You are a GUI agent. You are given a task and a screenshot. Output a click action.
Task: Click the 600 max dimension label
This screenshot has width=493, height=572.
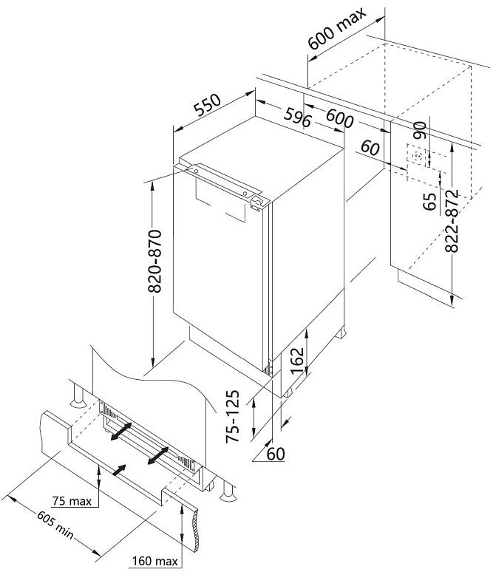[336, 28]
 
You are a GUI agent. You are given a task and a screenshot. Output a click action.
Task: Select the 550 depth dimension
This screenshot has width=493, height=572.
[207, 105]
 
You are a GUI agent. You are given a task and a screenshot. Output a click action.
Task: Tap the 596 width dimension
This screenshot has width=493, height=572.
[298, 117]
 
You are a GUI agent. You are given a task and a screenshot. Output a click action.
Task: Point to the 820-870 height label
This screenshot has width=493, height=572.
[154, 261]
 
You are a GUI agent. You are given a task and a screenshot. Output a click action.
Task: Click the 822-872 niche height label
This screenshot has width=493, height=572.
[452, 221]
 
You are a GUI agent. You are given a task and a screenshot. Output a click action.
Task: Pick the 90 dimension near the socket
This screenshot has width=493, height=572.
[420, 130]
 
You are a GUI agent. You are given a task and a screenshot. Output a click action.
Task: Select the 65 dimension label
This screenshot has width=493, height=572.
[430, 201]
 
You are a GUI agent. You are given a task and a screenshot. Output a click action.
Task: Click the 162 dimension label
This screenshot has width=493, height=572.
[297, 360]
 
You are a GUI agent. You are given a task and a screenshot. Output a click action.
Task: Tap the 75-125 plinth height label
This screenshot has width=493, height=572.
[232, 417]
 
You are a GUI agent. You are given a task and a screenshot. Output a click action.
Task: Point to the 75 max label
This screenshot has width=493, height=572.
[72, 501]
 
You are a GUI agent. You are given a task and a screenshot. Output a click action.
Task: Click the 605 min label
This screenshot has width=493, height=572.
[55, 525]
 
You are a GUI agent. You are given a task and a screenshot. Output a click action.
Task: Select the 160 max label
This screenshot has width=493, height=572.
[154, 561]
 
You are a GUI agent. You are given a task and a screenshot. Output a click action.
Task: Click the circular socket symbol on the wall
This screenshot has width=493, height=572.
[418, 157]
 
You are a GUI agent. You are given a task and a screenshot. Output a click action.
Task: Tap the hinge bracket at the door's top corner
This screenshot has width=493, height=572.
[258, 202]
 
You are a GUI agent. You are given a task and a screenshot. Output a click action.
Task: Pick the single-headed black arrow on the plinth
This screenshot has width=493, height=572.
[119, 470]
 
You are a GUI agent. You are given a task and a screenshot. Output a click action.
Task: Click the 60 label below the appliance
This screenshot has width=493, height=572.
[276, 454]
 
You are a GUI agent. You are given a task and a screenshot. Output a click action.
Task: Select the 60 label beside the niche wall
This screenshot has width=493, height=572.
[370, 148]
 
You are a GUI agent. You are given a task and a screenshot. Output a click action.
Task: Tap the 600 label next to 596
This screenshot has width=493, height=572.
[340, 118]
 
